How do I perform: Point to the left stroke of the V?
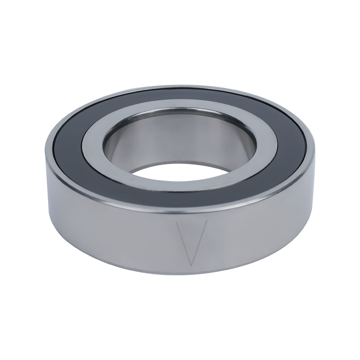tap(183, 243)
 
